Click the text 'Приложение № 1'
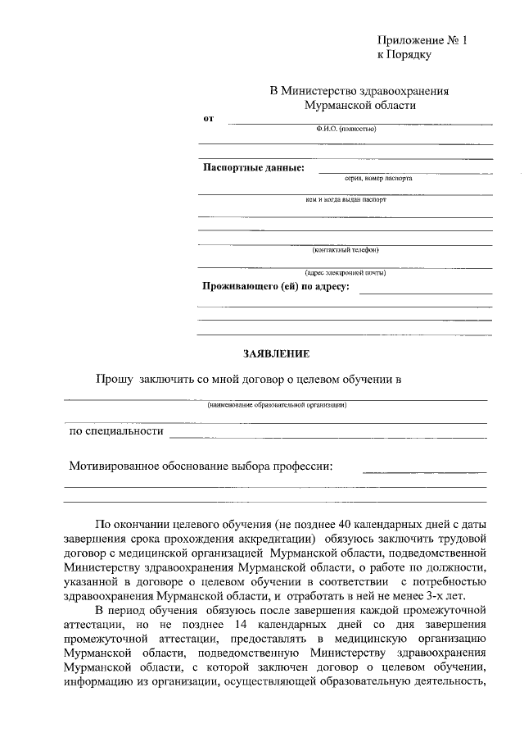(x=421, y=40)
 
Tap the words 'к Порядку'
(x=404, y=55)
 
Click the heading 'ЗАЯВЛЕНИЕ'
(x=276, y=355)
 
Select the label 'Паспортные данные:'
(x=253, y=168)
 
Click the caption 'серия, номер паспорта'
(x=367, y=178)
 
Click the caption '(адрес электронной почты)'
(x=344, y=272)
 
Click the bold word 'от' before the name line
(x=208, y=119)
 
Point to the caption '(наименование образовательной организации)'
(x=276, y=404)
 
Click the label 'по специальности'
(x=115, y=430)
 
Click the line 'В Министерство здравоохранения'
(x=359, y=91)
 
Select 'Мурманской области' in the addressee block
(x=359, y=105)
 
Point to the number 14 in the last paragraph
(x=239, y=625)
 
